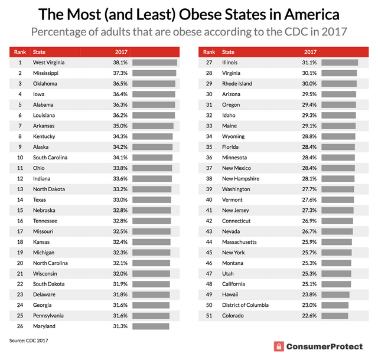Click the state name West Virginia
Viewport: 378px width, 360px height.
click(49, 62)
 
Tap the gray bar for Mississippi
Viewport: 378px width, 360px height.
click(154, 73)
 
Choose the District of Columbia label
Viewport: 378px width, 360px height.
click(245, 305)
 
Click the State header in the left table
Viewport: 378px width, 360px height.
click(39, 51)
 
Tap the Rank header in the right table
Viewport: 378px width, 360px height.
click(208, 51)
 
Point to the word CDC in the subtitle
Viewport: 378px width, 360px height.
click(291, 31)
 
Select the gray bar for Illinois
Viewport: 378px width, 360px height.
click(336, 62)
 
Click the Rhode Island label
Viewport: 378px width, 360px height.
click(237, 83)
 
